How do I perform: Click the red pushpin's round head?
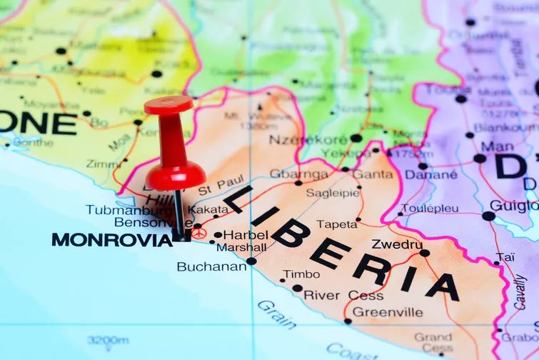tap(168, 106)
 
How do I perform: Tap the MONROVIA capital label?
tap(112, 240)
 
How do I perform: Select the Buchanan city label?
tap(211, 267)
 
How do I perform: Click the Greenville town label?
tap(388, 312)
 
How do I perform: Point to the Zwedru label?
tap(397, 244)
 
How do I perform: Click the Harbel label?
tap(246, 234)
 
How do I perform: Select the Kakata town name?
tap(208, 209)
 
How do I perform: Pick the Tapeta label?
tap(336, 224)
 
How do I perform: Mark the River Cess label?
tap(343, 295)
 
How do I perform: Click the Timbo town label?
tap(301, 274)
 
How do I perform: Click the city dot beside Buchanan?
tap(251, 261)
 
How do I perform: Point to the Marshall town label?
tap(241, 247)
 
